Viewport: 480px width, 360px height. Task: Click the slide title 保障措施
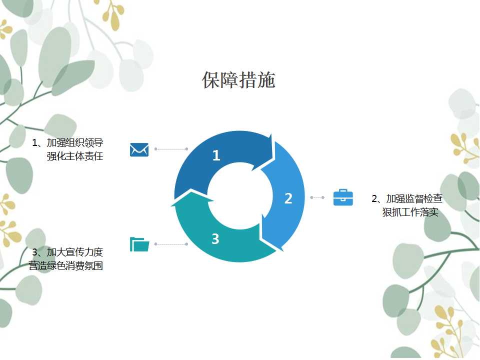click(x=238, y=80)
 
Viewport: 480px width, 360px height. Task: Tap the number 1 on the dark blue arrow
click(x=216, y=155)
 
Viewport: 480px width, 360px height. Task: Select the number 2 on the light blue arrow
click(x=288, y=198)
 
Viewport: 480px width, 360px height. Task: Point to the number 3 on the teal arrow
click(x=215, y=239)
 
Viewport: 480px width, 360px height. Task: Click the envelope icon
click(x=139, y=149)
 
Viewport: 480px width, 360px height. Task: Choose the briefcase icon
click(x=343, y=197)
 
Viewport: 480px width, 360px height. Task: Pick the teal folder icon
click(x=139, y=244)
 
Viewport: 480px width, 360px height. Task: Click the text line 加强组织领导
click(x=75, y=142)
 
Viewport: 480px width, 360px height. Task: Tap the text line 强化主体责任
click(x=75, y=156)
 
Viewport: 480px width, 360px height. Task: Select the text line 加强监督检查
click(x=414, y=198)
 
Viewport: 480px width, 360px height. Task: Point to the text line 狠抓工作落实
click(x=410, y=212)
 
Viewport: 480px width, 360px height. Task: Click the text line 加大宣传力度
click(x=75, y=252)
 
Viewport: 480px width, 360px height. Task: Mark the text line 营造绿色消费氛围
click(x=66, y=265)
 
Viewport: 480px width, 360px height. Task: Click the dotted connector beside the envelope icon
click(x=171, y=149)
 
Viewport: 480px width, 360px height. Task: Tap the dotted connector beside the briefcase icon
click(x=317, y=197)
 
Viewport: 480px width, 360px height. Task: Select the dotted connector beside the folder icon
click(x=171, y=244)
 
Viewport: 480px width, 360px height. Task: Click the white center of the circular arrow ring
click(x=239, y=196)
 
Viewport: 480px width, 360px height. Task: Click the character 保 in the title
click(x=211, y=80)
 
